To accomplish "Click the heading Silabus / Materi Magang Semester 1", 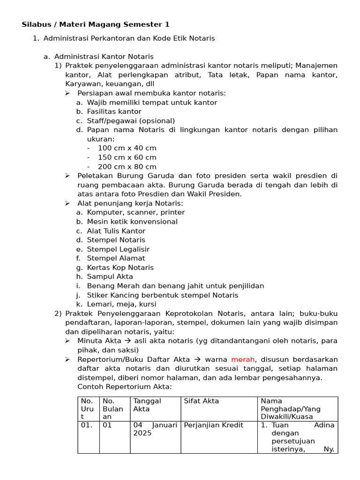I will (96, 24).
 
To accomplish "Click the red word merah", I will (243, 360).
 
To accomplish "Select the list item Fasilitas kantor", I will (114, 112).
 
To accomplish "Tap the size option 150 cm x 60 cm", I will (127, 157).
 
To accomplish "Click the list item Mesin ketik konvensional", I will (132, 222).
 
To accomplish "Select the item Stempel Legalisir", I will (118, 249).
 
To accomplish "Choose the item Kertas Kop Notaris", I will (120, 268).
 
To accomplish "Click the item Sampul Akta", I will (110, 277).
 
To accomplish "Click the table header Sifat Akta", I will (201, 401).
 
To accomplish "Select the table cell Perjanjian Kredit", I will (213, 426).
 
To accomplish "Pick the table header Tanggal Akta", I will (147, 405).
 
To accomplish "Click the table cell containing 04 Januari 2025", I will (155, 429).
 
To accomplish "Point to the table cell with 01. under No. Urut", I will (87, 426).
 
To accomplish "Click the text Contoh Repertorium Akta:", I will (125, 387).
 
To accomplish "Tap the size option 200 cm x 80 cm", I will (127, 167).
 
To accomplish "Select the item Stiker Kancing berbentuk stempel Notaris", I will (162, 295).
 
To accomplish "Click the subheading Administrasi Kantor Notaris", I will (104, 57).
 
